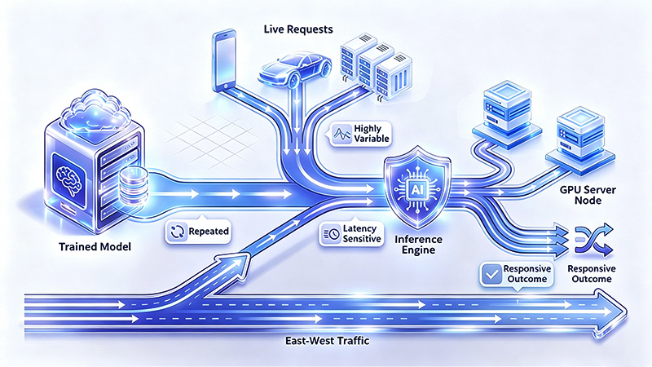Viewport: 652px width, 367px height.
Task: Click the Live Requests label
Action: pyautogui.click(x=298, y=29)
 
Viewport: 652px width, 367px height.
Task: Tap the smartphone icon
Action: pyautogui.click(x=224, y=60)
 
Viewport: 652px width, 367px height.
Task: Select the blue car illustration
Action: pyautogui.click(x=295, y=69)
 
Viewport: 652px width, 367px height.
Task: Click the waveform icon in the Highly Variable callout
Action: pyautogui.click(x=341, y=134)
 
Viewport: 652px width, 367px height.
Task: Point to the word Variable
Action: pyautogui.click(x=372, y=139)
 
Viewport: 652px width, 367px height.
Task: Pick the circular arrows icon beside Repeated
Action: pyautogui.click(x=178, y=232)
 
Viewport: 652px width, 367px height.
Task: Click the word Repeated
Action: pyautogui.click(x=209, y=232)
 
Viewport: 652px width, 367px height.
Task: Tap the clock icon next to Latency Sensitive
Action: pyautogui.click(x=332, y=234)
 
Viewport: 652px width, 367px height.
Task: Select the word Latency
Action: pyautogui.click(x=359, y=228)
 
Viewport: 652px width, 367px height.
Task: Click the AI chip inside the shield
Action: pyautogui.click(x=416, y=190)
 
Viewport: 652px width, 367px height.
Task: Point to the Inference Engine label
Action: pyautogui.click(x=418, y=245)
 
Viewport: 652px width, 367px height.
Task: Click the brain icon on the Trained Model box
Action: pyautogui.click(x=68, y=181)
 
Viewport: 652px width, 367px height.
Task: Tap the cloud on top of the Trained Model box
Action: pyautogui.click(x=95, y=110)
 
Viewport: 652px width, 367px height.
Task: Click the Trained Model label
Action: pyautogui.click(x=95, y=247)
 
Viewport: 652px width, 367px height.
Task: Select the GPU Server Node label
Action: pyautogui.click(x=588, y=195)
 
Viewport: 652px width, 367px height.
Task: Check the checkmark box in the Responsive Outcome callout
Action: pyautogui.click(x=491, y=274)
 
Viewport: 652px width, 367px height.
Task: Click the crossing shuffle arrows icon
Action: pyautogui.click(x=594, y=240)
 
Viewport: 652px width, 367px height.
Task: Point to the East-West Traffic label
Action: pyautogui.click(x=327, y=341)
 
